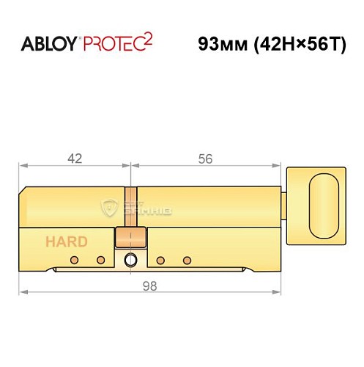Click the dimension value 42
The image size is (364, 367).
pyautogui.click(x=73, y=158)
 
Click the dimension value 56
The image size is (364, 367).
pyautogui.click(x=207, y=158)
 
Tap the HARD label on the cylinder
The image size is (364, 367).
pyautogui.click(x=67, y=241)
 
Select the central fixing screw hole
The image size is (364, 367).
pyautogui.click(x=130, y=259)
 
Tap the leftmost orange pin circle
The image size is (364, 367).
pyautogui.click(x=75, y=261)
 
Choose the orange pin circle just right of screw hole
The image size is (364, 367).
pyautogui.click(x=161, y=261)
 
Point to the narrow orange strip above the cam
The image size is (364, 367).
pyautogui.click(x=131, y=208)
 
